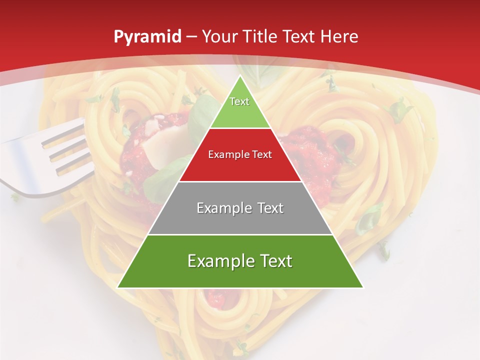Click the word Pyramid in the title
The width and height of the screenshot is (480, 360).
click(x=147, y=37)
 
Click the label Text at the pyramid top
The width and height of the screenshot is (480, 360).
click(x=239, y=101)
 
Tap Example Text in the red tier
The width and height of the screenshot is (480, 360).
click(x=240, y=154)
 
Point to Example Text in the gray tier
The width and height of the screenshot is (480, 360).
click(x=240, y=208)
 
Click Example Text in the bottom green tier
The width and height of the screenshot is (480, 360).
click(x=240, y=261)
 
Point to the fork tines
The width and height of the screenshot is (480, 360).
click(x=65, y=150)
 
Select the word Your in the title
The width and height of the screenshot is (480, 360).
click(x=219, y=37)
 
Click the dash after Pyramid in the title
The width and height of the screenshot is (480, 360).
click(x=191, y=37)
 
